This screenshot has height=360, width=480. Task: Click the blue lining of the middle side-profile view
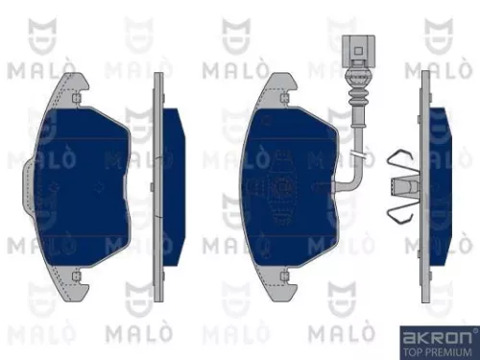point(175,182)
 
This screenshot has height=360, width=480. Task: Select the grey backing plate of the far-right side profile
point(422,182)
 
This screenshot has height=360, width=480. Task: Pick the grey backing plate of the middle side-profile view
point(160,182)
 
